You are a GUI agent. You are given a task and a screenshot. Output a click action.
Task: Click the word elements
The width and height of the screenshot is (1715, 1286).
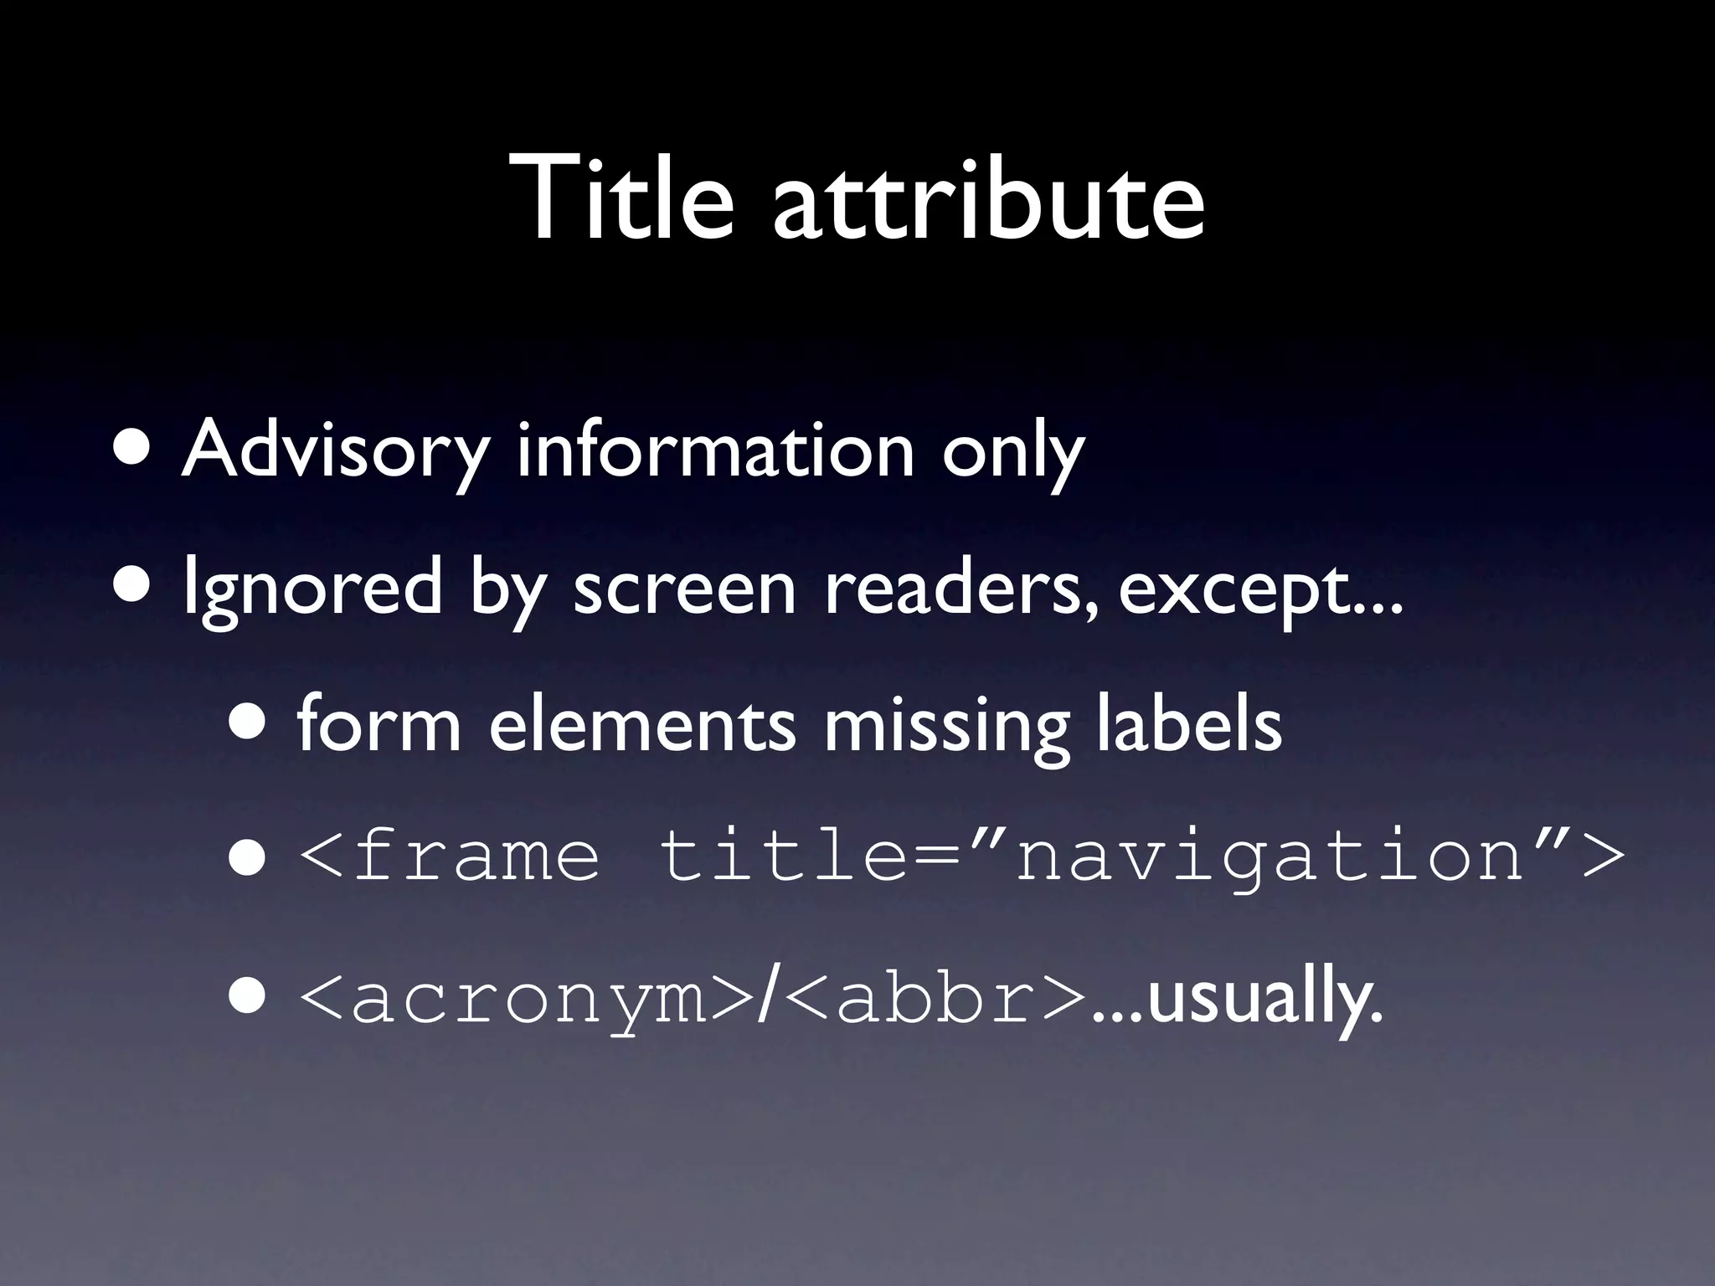point(641,723)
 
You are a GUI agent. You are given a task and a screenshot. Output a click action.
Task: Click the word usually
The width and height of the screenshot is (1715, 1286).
point(1264,1000)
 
